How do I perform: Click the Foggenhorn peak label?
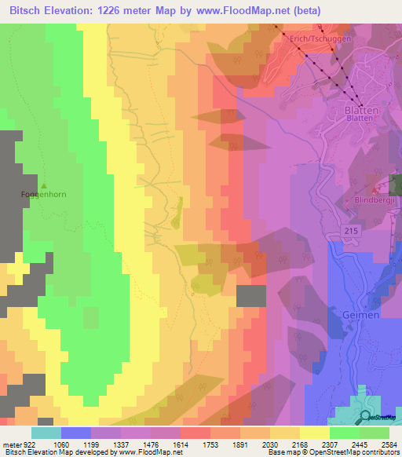pyautogui.click(x=36, y=193)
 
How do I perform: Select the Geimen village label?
pyautogui.click(x=360, y=314)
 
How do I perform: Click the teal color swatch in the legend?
pyautogui.click(x=46, y=433)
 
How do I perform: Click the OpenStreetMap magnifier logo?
pyautogui.click(x=366, y=417)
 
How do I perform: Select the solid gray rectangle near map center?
pyautogui.click(x=251, y=296)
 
